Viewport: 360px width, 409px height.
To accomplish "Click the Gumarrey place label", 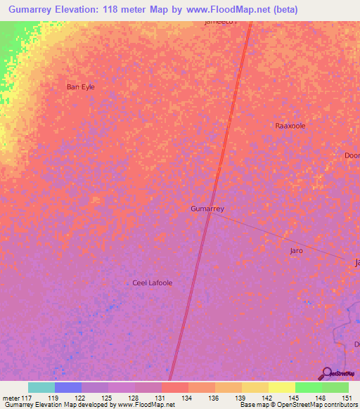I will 207,209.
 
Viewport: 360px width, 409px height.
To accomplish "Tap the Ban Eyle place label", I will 80,87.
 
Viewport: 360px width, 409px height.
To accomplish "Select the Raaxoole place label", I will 290,126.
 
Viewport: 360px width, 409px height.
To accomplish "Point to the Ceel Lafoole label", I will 153,283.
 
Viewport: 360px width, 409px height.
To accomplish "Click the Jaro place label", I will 296,250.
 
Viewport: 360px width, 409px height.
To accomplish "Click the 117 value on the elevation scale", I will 26,398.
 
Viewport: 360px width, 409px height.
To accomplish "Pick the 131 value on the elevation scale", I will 161,398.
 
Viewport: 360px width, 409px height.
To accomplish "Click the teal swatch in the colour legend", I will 41,387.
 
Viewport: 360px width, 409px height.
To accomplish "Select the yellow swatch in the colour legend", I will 282,387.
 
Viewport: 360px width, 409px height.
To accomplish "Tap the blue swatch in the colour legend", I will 68,387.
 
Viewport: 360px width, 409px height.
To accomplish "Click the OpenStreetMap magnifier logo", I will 326,373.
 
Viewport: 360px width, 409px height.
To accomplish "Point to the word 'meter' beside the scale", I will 10,398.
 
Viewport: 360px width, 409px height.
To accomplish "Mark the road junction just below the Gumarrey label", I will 210,215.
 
